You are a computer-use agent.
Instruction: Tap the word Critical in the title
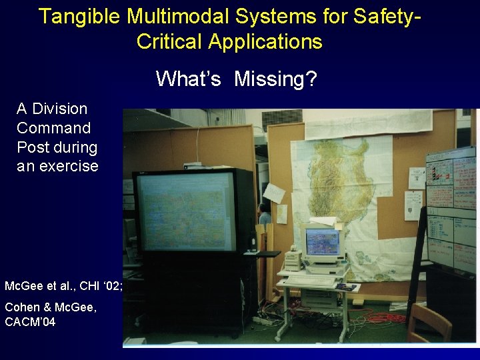pyautogui.click(x=169, y=41)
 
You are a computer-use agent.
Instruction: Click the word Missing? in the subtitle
pyautogui.click(x=275, y=79)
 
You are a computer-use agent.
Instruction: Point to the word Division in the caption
pyautogui.click(x=60, y=109)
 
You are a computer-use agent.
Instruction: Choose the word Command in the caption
pyautogui.click(x=53, y=128)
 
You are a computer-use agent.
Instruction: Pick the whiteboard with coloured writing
pyautogui.click(x=451, y=207)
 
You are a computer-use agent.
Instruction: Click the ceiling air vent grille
pyautogui.click(x=281, y=119)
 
